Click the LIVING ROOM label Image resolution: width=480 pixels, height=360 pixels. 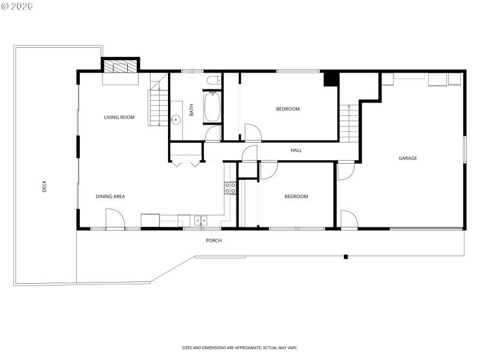pyautogui.click(x=119, y=117)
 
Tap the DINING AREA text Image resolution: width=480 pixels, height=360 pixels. pyautogui.click(x=110, y=196)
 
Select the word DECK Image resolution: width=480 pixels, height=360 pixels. pyautogui.click(x=44, y=187)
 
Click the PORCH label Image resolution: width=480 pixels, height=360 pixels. pyautogui.click(x=214, y=241)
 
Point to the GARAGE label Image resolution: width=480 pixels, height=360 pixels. pyautogui.click(x=407, y=158)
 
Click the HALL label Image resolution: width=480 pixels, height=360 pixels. pyautogui.click(x=296, y=150)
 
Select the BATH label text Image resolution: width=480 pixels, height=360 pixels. pyautogui.click(x=192, y=110)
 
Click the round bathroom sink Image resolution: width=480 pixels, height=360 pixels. pyautogui.click(x=176, y=120)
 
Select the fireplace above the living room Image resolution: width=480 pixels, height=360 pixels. pyautogui.click(x=120, y=65)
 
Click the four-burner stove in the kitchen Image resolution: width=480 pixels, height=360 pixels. pyautogui.click(x=230, y=188)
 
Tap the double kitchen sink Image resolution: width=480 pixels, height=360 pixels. pyautogui.click(x=200, y=220)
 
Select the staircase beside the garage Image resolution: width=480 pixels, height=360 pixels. pyautogui.click(x=349, y=123)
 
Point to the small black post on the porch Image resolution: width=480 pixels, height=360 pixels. pyautogui.click(x=346, y=257)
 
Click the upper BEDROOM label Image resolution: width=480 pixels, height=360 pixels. pyautogui.click(x=287, y=109)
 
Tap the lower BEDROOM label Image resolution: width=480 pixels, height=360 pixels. pyautogui.click(x=296, y=196)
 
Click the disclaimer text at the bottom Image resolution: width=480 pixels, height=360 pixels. pyautogui.click(x=240, y=347)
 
